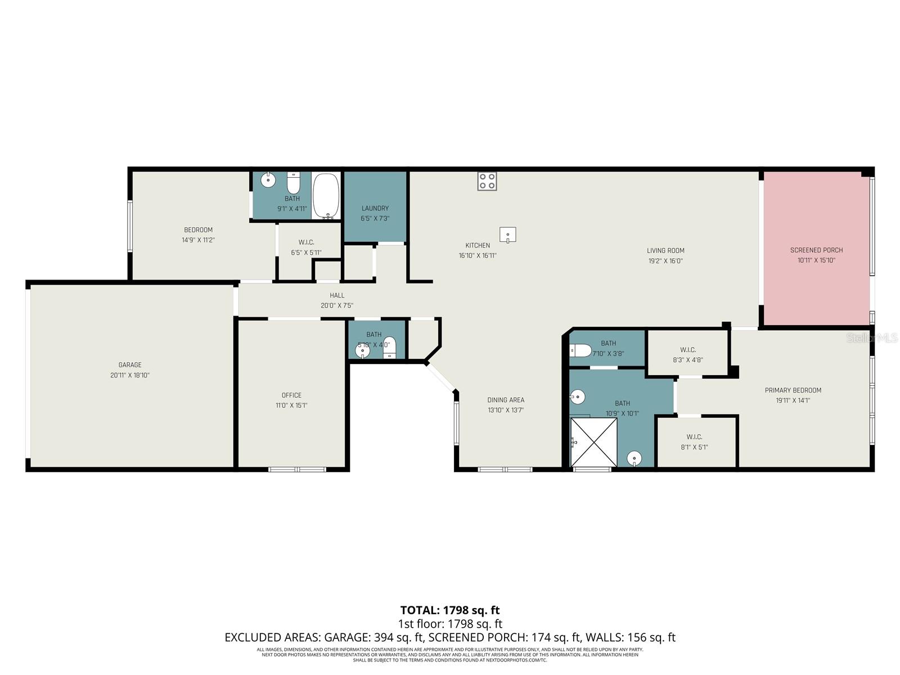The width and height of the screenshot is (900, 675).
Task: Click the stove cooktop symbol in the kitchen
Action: [x=487, y=181]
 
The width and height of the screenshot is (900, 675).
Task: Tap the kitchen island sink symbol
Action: [x=507, y=235]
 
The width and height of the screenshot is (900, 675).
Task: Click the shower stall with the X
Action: [x=593, y=442]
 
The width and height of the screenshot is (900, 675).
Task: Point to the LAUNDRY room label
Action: [x=375, y=208]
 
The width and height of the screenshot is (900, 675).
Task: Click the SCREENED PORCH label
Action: [x=816, y=250]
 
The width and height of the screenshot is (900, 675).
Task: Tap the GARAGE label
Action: [x=130, y=365]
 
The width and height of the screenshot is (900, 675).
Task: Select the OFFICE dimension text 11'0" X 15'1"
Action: [x=291, y=406]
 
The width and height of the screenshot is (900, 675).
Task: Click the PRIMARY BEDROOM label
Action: [x=793, y=390]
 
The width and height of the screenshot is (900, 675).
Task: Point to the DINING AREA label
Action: [x=506, y=400]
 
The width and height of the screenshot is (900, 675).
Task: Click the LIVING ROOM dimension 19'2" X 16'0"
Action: [x=665, y=261]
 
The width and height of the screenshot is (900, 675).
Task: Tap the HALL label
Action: [x=337, y=295]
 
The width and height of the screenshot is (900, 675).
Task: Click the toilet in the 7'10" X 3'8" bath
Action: [x=580, y=351]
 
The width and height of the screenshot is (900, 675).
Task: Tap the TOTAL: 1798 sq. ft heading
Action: [x=449, y=610]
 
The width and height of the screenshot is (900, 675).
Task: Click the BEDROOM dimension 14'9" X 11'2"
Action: [x=198, y=240]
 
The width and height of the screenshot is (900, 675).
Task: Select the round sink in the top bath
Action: [x=268, y=181]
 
